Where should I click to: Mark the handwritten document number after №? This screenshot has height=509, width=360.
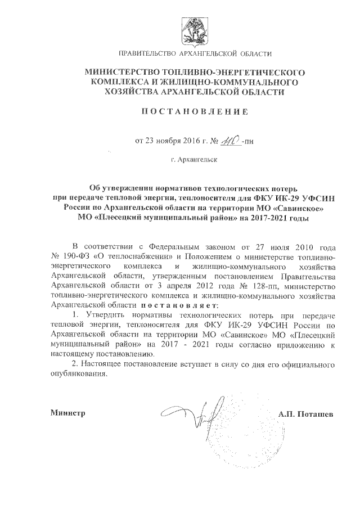(x=227, y=139)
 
